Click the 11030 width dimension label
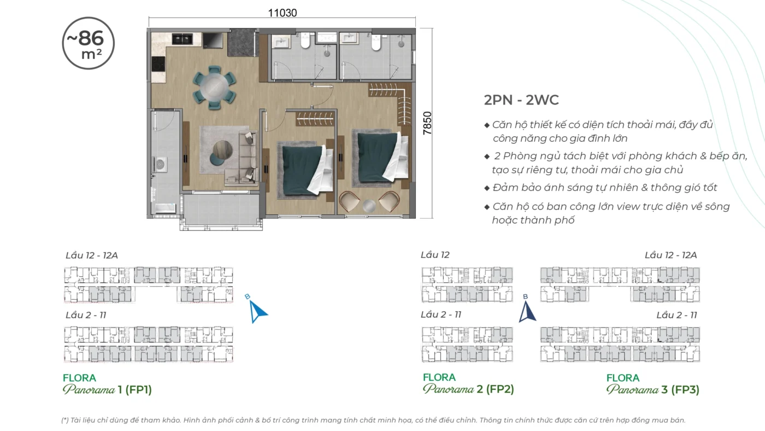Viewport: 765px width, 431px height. pyautogui.click(x=283, y=13)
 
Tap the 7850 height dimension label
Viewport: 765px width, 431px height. pyautogui.click(x=427, y=123)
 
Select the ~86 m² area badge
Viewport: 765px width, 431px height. pyautogui.click(x=88, y=43)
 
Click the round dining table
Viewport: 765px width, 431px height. pyautogui.click(x=214, y=88)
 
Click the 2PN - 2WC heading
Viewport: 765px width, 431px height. pyautogui.click(x=521, y=100)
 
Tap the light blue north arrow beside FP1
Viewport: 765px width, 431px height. pyautogui.click(x=257, y=311)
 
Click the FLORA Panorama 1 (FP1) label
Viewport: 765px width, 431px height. pyautogui.click(x=107, y=384)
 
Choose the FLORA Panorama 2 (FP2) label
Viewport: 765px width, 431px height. pyautogui.click(x=468, y=383)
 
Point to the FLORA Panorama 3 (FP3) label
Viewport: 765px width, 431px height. pyautogui.click(x=652, y=384)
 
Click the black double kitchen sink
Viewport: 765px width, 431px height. pyautogui.click(x=182, y=39)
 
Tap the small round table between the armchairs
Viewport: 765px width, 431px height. pyautogui.click(x=369, y=206)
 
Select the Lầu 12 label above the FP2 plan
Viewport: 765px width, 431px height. pyautogui.click(x=435, y=255)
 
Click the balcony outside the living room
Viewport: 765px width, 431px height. pyautogui.click(x=221, y=210)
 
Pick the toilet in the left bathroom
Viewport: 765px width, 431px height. pyautogui.click(x=305, y=40)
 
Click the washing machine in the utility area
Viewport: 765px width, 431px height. pyautogui.click(x=160, y=165)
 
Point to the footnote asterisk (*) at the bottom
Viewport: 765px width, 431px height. pyautogui.click(x=65, y=420)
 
